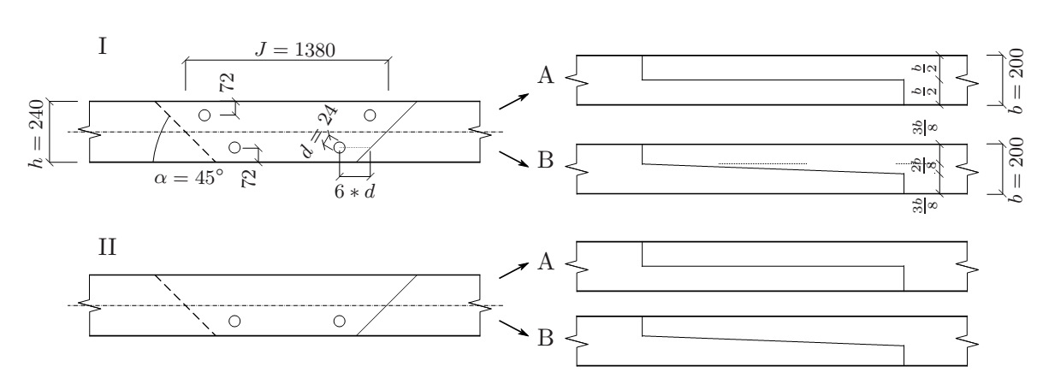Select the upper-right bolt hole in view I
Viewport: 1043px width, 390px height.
(370, 115)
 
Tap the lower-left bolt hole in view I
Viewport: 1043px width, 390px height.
(234, 147)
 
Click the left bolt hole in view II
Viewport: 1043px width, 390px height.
(234, 321)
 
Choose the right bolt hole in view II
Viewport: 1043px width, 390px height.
(339, 321)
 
